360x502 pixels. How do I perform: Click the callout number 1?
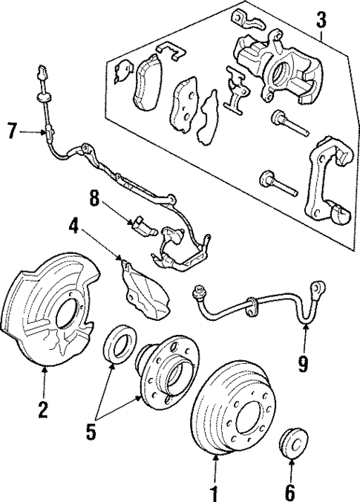tap(215, 492)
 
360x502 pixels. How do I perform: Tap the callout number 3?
tap(320, 19)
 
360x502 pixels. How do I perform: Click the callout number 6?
tap(291, 492)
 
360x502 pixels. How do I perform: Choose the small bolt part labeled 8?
tap(143, 226)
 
